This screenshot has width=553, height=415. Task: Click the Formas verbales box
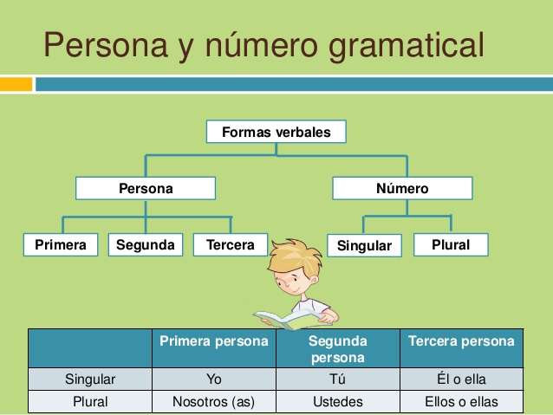click(x=276, y=133)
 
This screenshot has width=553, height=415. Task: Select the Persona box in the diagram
click(x=145, y=188)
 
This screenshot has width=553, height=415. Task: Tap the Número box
click(x=402, y=188)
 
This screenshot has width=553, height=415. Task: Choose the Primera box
click(x=61, y=245)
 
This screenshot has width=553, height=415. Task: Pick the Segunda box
click(x=145, y=245)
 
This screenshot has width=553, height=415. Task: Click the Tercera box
click(x=231, y=245)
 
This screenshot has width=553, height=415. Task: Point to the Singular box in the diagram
click(x=364, y=246)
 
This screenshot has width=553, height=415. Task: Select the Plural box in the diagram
click(x=451, y=245)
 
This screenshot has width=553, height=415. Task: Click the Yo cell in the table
click(x=214, y=379)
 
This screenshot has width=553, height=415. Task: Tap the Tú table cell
click(x=337, y=379)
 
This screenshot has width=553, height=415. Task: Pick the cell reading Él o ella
click(x=461, y=379)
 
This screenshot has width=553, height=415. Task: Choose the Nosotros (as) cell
click(x=214, y=402)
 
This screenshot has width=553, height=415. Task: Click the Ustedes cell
click(x=337, y=402)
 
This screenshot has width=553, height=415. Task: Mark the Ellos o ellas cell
click(x=461, y=402)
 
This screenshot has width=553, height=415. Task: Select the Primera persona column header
click(x=214, y=341)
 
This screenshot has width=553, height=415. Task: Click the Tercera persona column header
click(x=461, y=341)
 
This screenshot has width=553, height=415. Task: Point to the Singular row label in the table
click(x=90, y=379)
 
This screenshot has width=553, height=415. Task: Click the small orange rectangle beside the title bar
click(x=16, y=84)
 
